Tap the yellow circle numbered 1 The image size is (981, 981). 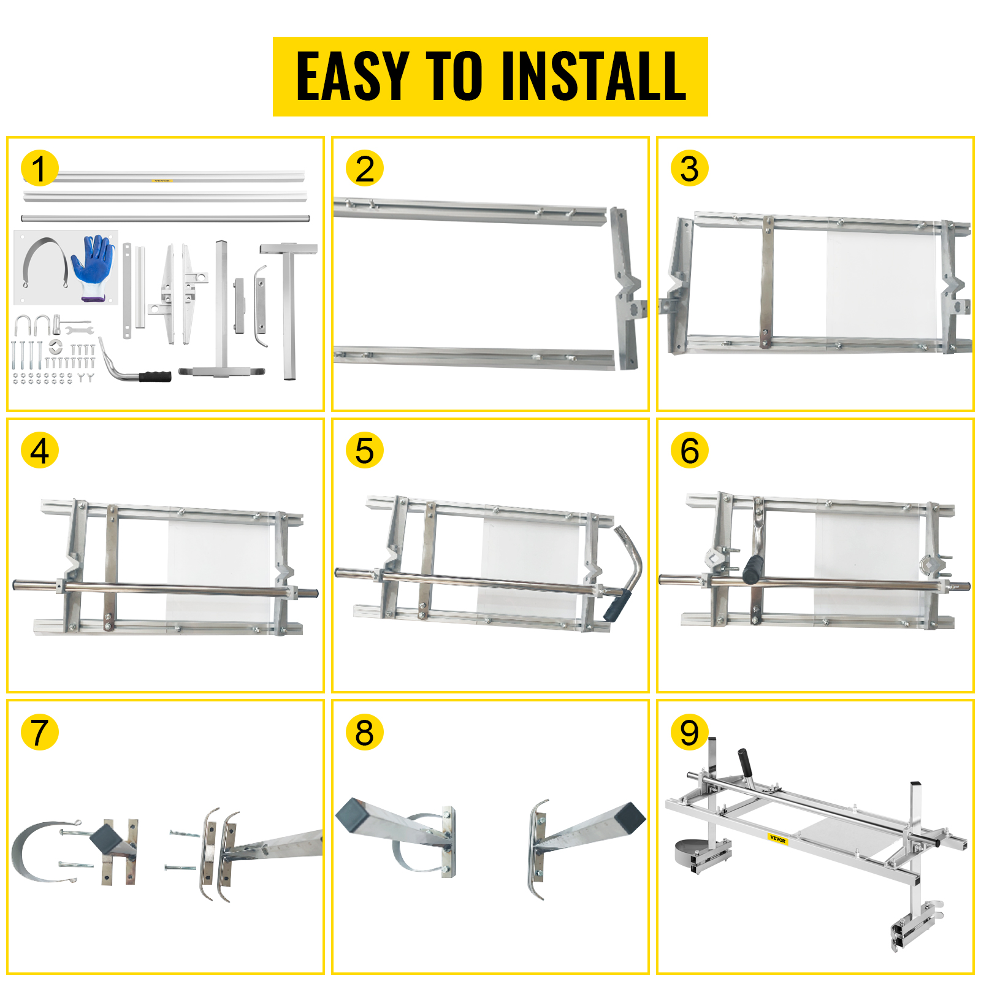click(x=39, y=169)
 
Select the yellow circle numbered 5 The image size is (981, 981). click(x=364, y=451)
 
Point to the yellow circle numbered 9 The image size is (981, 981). click(x=689, y=732)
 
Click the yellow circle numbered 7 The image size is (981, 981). click(x=39, y=732)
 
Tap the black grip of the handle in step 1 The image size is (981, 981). click(x=155, y=376)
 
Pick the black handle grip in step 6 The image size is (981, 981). click(x=752, y=570)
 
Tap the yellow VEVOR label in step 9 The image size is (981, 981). click(x=777, y=839)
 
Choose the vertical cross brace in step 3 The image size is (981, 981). click(x=766, y=282)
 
